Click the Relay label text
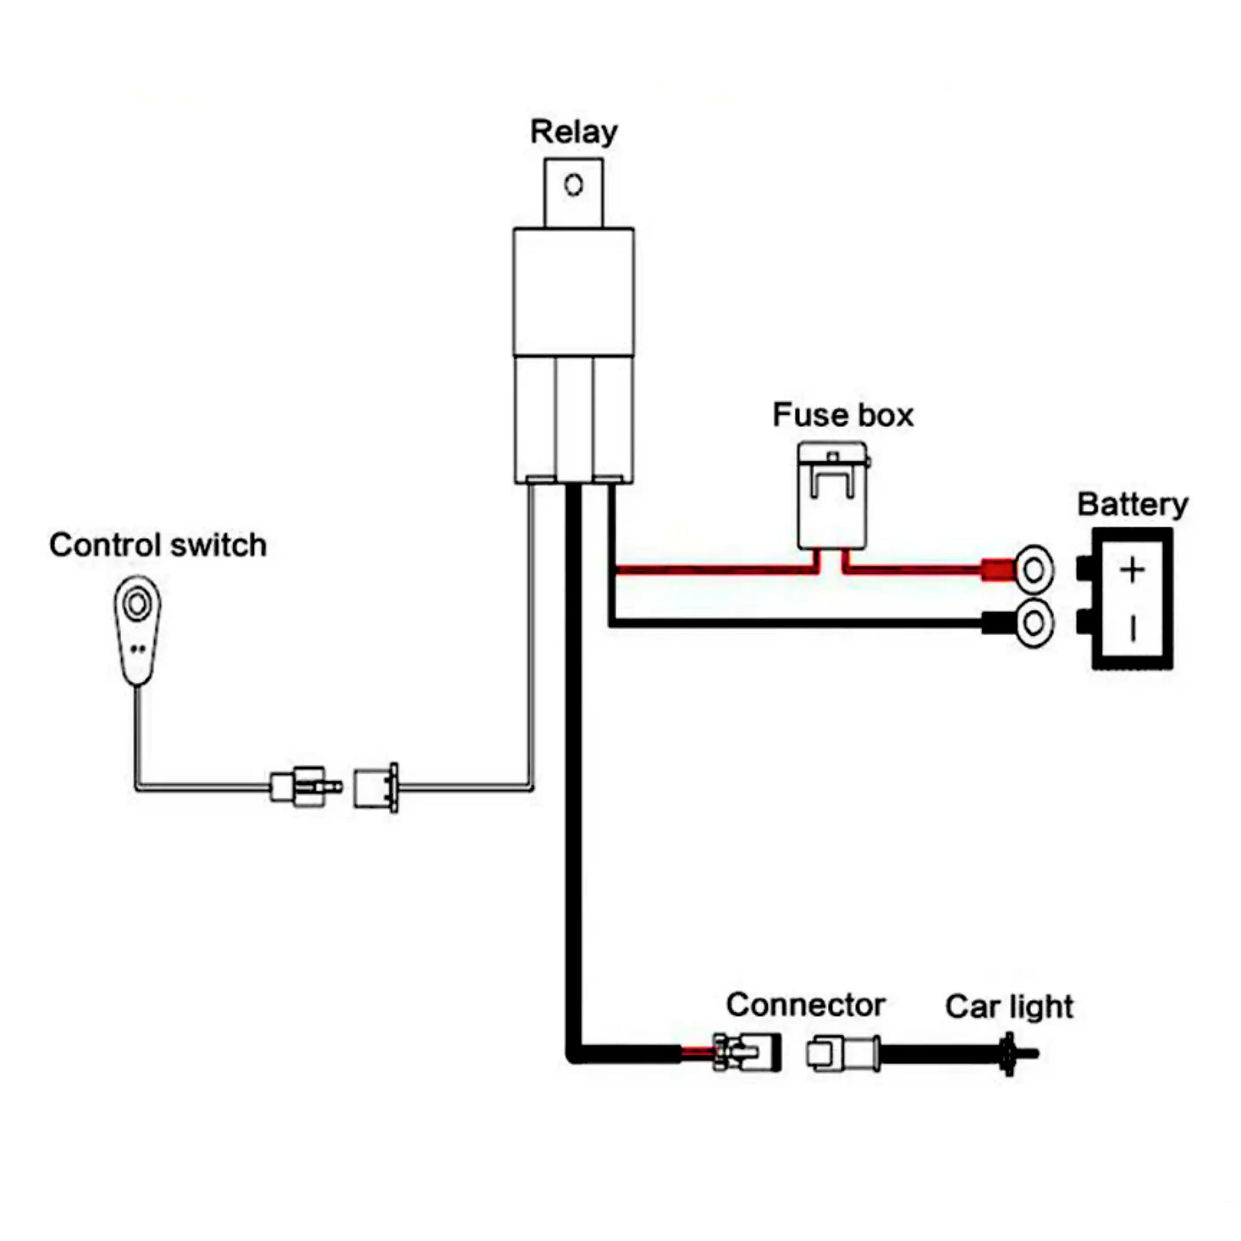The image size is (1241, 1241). pyautogui.click(x=573, y=132)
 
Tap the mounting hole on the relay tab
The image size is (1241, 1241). pyautogui.click(x=573, y=185)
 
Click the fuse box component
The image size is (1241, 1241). pyautogui.click(x=832, y=496)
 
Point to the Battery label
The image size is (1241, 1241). pyautogui.click(x=1132, y=505)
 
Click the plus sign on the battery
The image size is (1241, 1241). pyautogui.click(x=1132, y=570)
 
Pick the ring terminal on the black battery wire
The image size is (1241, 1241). pyautogui.click(x=1034, y=622)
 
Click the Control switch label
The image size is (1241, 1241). pyautogui.click(x=158, y=545)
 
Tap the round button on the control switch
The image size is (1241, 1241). pyautogui.click(x=137, y=603)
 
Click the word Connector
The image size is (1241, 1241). pyautogui.click(x=805, y=1004)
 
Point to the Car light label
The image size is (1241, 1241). pyautogui.click(x=1008, y=1006)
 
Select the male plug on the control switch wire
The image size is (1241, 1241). pyautogui.click(x=305, y=786)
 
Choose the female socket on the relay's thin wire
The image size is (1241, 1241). pyautogui.click(x=376, y=788)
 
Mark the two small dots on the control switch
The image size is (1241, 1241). pyautogui.click(x=138, y=649)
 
